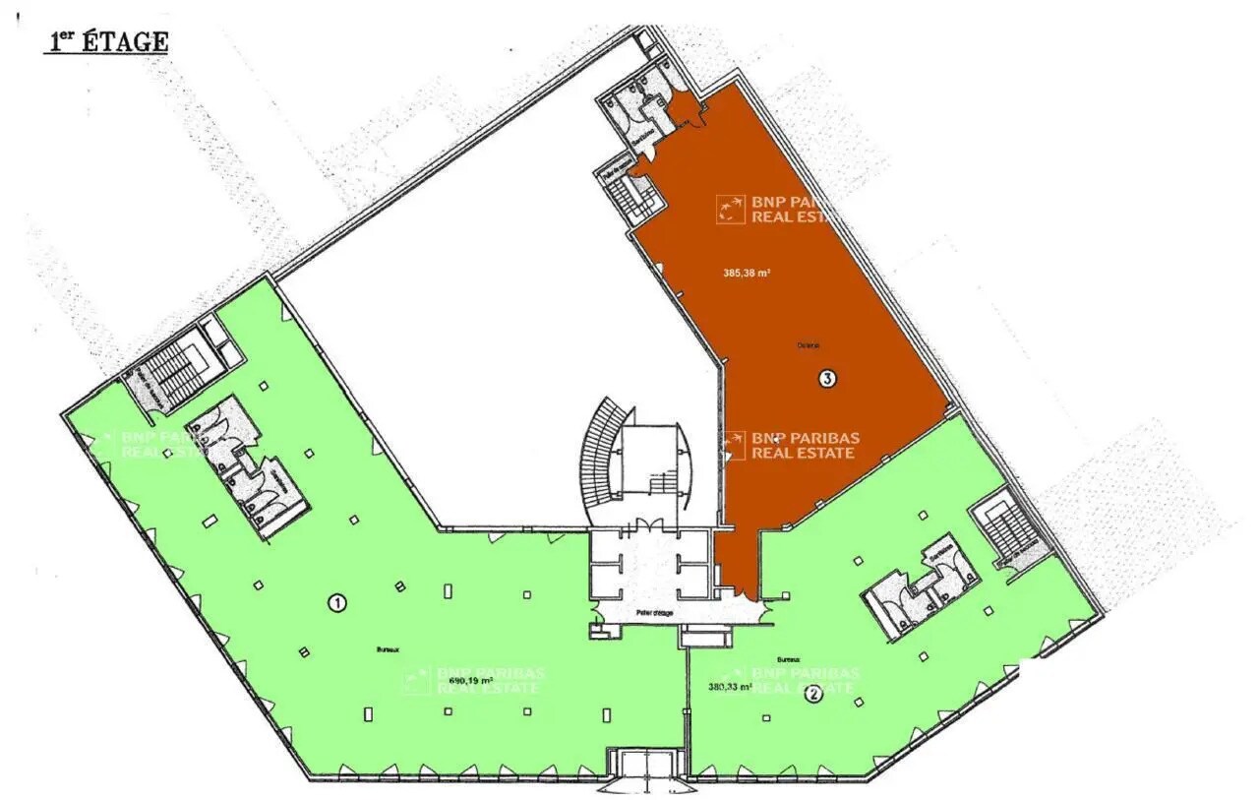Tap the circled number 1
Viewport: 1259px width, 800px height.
336,603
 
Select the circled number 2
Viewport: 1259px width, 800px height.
813,694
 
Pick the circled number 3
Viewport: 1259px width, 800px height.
827,379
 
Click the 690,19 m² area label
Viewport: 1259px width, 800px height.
470,680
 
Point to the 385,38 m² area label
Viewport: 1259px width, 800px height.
746,274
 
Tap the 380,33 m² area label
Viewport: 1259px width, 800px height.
729,688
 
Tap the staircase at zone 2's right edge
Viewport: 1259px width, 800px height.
1003,527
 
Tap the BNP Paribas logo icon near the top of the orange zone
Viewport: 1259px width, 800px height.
730,209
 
